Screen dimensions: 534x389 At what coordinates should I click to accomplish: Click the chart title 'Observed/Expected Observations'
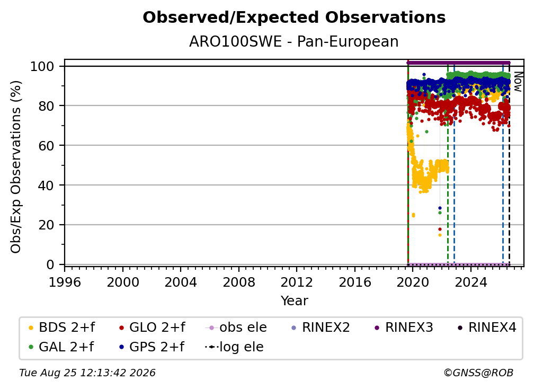[x=294, y=17]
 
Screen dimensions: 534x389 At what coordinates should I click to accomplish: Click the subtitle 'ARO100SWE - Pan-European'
[x=294, y=42]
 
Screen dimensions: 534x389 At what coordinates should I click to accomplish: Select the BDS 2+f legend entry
[x=61, y=328]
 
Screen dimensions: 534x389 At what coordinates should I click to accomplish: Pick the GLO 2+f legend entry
[x=152, y=328]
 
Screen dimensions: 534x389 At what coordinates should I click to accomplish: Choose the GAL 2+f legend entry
[x=61, y=347]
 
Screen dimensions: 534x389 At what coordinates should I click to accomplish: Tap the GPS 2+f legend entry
[x=152, y=347]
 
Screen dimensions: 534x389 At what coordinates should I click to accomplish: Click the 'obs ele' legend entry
[x=236, y=328]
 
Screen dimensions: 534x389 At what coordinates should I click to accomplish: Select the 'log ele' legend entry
[x=234, y=347]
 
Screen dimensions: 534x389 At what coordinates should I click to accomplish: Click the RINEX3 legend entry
[x=404, y=328]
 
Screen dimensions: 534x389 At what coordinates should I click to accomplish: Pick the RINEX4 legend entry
[x=487, y=328]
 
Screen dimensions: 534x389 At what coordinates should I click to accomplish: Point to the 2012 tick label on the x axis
[x=297, y=282]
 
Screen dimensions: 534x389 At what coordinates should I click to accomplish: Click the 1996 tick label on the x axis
[x=65, y=282]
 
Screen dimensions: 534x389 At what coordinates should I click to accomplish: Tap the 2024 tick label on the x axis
[x=470, y=282]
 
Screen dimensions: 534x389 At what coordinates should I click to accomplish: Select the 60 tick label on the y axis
[x=46, y=146]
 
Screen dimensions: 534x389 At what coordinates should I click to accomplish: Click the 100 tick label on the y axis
[x=42, y=66]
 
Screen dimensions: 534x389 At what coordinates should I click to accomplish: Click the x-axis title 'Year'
[x=294, y=301]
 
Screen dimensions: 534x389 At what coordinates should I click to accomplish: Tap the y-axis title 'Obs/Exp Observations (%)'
[x=16, y=167]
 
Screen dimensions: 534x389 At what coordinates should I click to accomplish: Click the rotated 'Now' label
[x=518, y=82]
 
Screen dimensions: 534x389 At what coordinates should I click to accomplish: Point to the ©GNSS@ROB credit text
[x=478, y=373]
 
